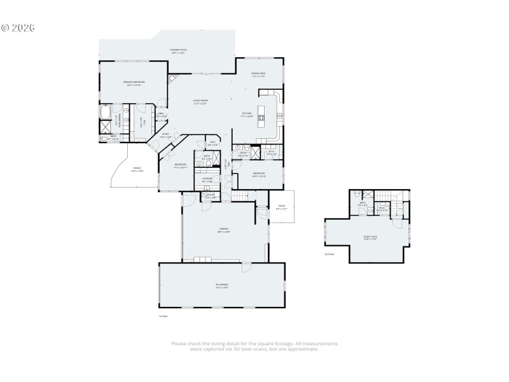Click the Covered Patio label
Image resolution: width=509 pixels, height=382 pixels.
[x=178, y=50]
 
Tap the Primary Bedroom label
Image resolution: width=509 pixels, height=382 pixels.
[x=134, y=83]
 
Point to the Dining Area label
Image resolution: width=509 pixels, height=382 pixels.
[x=258, y=75]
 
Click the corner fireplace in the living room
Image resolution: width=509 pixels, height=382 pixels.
[x=171, y=78]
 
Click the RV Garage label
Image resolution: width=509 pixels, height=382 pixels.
[x=221, y=286]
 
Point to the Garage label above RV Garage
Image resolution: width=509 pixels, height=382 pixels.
[x=224, y=229]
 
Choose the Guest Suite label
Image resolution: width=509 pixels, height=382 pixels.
[x=370, y=239]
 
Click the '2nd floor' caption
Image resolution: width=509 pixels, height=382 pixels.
[x=329, y=254]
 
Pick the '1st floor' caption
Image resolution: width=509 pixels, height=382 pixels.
[x=163, y=315]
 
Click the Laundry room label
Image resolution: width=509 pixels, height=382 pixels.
[x=207, y=180]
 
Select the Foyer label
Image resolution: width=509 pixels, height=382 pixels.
[x=165, y=135]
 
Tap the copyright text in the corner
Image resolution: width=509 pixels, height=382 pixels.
[x=18, y=28]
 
